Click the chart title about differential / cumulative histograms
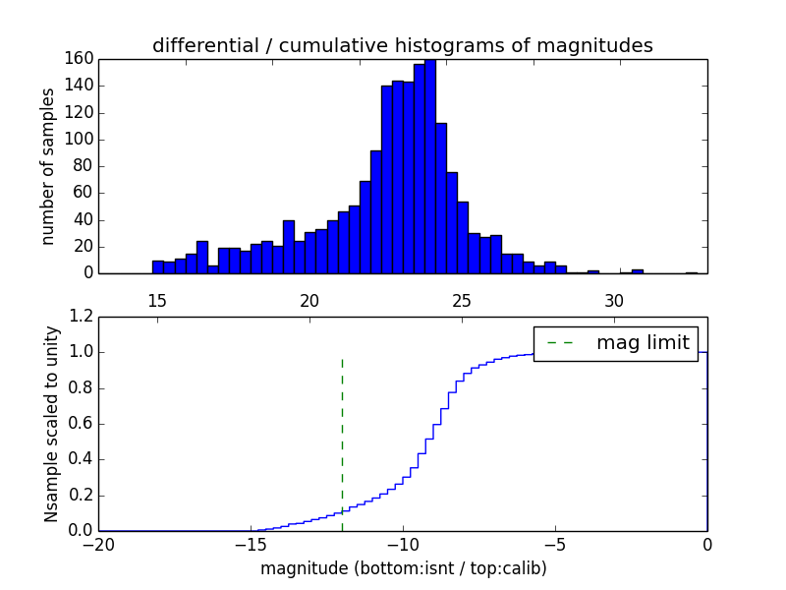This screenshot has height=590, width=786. [402, 46]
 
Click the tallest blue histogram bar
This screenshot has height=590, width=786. [430, 167]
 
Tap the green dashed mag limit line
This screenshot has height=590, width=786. [342, 433]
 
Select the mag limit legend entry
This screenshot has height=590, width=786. [616, 343]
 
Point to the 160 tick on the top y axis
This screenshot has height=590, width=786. [80, 59]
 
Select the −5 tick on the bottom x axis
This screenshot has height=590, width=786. [555, 544]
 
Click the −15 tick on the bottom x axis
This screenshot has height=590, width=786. [251, 544]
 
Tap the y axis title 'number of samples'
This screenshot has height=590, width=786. [48, 166]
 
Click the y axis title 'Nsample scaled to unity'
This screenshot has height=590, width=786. [51, 424]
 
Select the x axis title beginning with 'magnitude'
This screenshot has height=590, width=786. [403, 568]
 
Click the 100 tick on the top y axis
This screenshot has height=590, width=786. [80, 140]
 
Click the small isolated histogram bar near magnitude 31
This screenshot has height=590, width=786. [638, 270]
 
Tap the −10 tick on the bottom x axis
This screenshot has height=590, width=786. [403, 544]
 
